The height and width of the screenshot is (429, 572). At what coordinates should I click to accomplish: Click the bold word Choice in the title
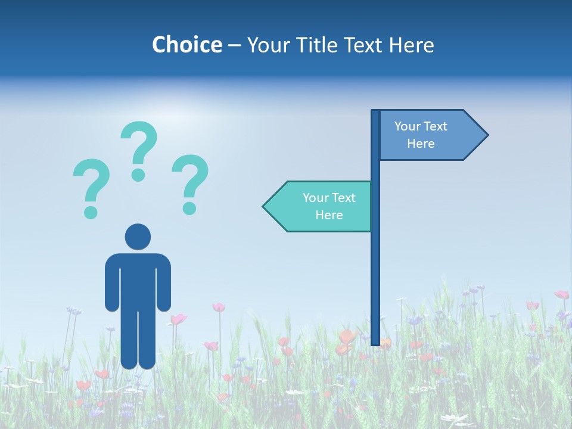[x=186, y=45]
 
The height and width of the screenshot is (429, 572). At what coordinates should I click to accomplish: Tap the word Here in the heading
[x=411, y=45]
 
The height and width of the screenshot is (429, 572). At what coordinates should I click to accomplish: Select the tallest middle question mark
[x=139, y=150]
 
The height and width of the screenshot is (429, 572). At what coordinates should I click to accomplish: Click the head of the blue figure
[x=138, y=237]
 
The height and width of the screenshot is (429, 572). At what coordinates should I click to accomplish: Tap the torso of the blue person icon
[x=138, y=280]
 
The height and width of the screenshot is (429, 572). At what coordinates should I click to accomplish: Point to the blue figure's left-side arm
[x=112, y=283]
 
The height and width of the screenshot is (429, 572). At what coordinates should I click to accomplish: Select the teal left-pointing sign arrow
[x=319, y=206]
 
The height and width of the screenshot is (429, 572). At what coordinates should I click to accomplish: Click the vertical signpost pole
[x=375, y=268]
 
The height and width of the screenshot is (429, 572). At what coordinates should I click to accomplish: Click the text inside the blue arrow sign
[x=421, y=135]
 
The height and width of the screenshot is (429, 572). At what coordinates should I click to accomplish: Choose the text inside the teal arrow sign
[x=329, y=206]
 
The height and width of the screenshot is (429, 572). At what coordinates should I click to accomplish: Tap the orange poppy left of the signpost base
[x=344, y=337]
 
